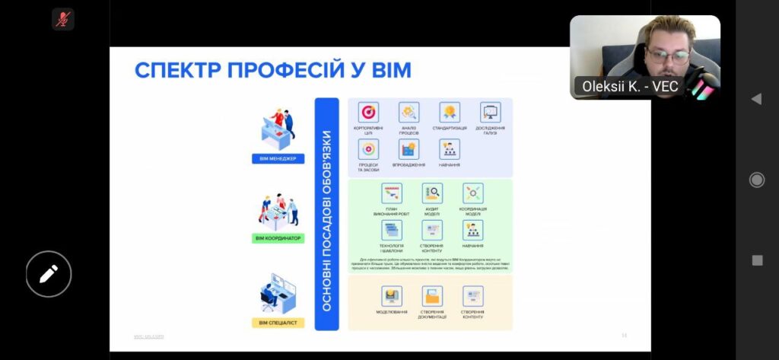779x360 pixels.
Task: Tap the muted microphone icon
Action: pos(62,19)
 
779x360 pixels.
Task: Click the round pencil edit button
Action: pos(49,273)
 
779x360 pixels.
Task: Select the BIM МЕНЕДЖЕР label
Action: pos(278,159)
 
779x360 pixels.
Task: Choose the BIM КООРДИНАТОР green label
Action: pos(277,238)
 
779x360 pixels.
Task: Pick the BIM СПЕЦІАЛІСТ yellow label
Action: pos(278,323)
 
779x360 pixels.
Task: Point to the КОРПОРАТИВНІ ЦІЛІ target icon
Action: pos(368,113)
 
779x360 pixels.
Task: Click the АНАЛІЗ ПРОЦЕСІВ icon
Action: pos(409,113)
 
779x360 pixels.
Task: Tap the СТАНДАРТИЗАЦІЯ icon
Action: pos(450,113)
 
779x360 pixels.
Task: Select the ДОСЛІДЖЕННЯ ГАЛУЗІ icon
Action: pos(491,113)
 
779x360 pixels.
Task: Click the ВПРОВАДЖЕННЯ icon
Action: pos(409,149)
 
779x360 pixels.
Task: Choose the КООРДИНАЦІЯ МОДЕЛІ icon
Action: pos(472,193)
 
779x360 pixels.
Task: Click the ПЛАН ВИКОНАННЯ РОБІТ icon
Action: pos(392,193)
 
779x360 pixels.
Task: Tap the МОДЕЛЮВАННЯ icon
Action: pos(392,296)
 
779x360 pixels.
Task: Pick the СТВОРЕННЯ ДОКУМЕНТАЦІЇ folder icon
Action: pos(432,296)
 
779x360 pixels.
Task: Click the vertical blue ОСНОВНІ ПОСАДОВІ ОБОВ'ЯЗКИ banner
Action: pos(326,214)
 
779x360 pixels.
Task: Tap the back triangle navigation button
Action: pos(756,99)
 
